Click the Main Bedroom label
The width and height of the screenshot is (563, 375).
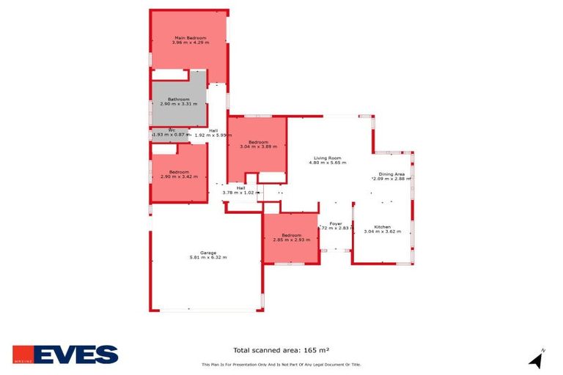tap(190, 37)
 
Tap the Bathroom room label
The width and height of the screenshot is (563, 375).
tap(179, 99)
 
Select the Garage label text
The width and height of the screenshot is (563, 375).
tap(208, 252)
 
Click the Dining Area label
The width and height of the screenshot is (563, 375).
tap(391, 174)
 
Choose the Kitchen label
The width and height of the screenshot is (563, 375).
tap(383, 226)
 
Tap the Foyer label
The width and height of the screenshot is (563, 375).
tap(336, 223)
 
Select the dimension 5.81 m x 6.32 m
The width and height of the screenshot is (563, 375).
tap(208, 257)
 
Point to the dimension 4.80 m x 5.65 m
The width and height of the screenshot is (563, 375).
tap(328, 163)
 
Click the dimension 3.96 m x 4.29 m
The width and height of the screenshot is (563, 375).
tap(190, 42)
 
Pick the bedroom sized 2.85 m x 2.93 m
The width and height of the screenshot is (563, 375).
tap(292, 237)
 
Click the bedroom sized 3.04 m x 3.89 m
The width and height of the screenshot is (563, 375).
tap(258, 144)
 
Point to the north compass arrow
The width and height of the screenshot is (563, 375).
tap(537, 360)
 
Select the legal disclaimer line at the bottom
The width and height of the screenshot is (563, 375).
tap(281, 364)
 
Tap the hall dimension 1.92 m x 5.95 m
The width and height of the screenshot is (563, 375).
tap(213, 135)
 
